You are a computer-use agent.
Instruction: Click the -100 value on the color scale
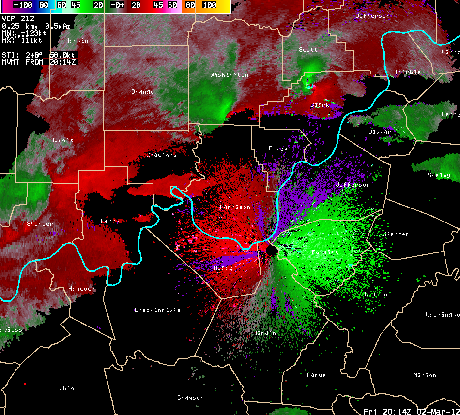22,5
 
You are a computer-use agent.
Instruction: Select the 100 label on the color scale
209,5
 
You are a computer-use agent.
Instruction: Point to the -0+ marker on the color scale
118,5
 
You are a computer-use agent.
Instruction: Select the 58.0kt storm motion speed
63,55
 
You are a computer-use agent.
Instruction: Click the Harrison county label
235,207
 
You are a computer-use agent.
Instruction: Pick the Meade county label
223,267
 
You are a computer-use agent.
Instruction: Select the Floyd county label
278,148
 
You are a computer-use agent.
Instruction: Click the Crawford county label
161,155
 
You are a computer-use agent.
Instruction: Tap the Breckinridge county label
157,310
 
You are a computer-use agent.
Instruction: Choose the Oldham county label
380,132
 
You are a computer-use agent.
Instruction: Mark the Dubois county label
61,140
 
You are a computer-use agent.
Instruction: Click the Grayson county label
190,398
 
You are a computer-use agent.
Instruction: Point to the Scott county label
308,50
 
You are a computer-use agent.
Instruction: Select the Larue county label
316,375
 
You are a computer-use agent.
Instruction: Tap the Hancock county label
81,289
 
